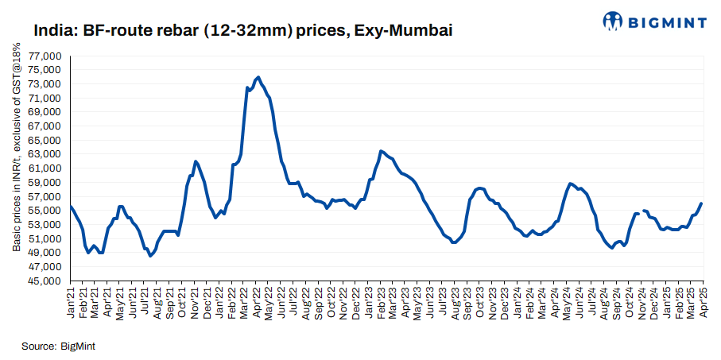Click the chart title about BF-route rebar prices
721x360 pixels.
(242, 31)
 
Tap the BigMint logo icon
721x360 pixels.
(612, 21)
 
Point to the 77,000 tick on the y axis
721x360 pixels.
(45, 56)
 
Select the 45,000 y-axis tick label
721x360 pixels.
(45, 281)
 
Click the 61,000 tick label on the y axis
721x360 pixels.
(45, 168)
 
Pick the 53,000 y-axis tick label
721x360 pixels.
(45, 225)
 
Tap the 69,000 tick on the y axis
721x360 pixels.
(45, 113)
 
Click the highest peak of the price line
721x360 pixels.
(258, 77)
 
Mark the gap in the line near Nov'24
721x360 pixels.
(641, 212)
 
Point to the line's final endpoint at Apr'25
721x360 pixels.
(701, 203)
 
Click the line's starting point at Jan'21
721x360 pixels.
(71, 207)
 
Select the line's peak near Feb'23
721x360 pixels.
(382, 150)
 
